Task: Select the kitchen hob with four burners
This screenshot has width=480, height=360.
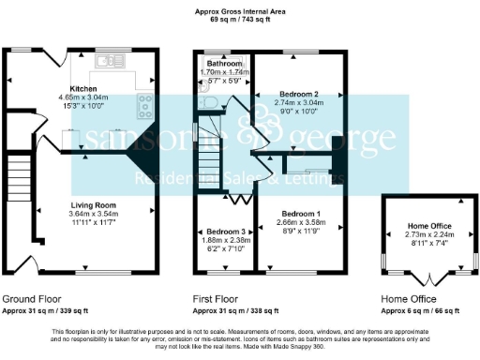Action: [x=145, y=104]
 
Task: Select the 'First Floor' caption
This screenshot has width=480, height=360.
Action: [x=217, y=299]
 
